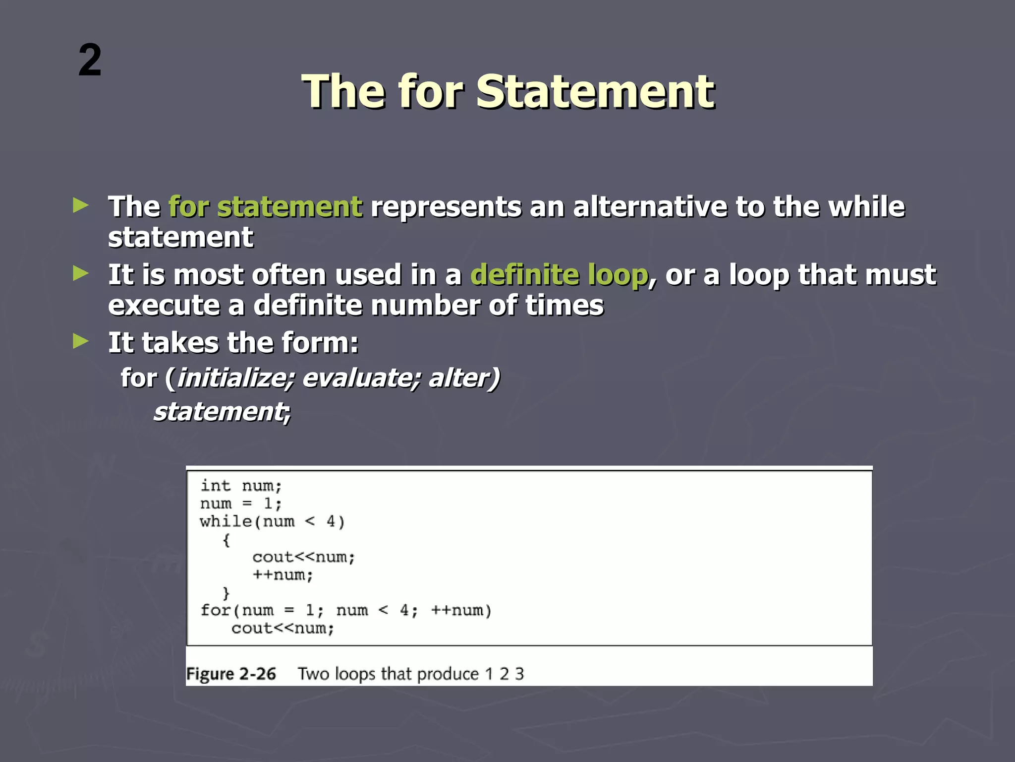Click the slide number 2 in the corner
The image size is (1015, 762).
point(90,61)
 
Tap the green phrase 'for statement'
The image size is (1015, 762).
point(265,206)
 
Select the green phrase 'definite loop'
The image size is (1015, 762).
point(559,275)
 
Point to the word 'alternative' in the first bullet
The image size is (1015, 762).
point(650,206)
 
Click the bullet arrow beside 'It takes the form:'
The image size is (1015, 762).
point(80,341)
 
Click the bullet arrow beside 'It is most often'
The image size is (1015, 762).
point(80,273)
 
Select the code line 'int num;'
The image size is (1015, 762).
point(241,486)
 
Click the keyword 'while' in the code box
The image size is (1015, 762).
point(226,521)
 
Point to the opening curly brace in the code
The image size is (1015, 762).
point(226,540)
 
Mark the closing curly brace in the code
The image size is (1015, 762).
point(226,593)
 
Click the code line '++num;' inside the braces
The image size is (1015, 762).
point(282,575)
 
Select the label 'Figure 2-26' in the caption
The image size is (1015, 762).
point(231,674)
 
